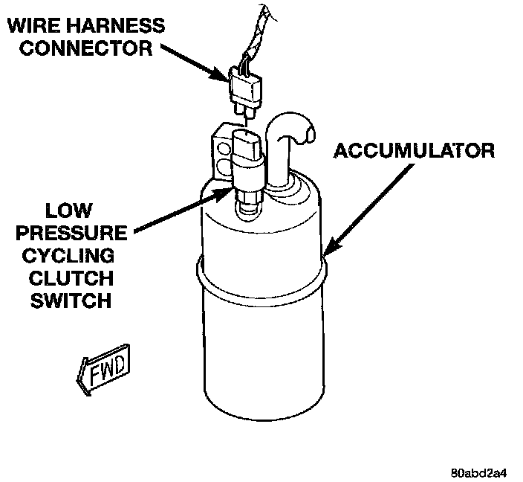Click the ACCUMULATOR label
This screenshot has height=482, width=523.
[413, 150]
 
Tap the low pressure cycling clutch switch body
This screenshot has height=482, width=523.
[247, 160]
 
